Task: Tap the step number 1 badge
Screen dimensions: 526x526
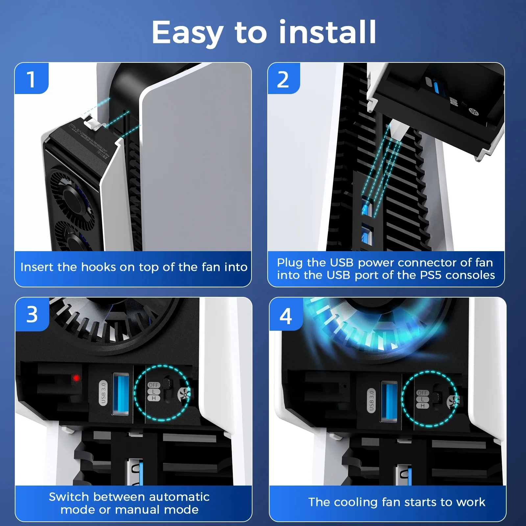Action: point(32,79)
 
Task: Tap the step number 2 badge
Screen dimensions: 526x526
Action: point(283,79)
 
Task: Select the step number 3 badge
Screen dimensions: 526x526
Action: point(32,314)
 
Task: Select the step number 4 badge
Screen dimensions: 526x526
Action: point(286,316)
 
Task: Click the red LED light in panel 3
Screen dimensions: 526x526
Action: point(76,378)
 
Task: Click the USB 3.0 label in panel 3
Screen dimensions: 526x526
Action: point(103,393)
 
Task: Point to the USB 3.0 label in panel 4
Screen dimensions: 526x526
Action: point(371,401)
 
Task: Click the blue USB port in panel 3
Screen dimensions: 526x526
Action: point(120,394)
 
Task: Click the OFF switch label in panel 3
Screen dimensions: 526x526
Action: point(154,385)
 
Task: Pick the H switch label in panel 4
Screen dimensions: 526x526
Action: point(422,406)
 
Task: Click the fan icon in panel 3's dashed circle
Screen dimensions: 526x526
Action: point(184,393)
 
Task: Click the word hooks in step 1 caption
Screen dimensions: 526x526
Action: point(99,267)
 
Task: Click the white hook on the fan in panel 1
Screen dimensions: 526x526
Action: point(94,125)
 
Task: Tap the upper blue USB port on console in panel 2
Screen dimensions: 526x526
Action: point(367,209)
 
